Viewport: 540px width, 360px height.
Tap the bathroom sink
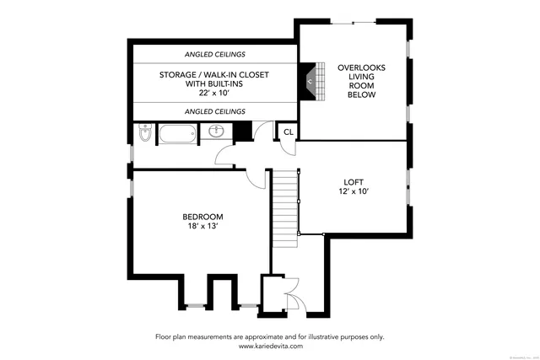[217, 132]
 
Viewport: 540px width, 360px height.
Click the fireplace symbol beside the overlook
[312, 80]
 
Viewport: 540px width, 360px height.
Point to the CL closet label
[288, 132]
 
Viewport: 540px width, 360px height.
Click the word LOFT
[354, 181]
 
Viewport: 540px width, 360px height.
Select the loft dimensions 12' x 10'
[354, 191]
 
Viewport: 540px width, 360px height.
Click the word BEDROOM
[202, 217]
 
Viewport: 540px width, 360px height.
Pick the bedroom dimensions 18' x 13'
[202, 227]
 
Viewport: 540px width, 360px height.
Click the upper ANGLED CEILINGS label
[214, 55]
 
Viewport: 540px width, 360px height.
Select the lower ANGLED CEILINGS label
[214, 111]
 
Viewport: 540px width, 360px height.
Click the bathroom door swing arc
[226, 154]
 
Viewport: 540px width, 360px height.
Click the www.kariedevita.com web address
[269, 346]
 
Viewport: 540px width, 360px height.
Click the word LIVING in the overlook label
[354, 77]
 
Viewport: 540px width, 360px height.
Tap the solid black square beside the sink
[242, 132]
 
